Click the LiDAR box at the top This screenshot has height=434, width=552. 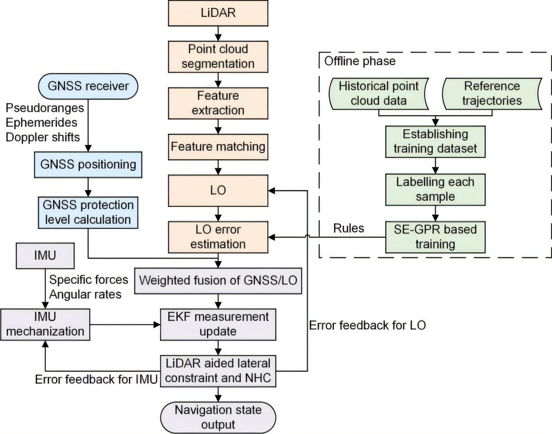[218, 13]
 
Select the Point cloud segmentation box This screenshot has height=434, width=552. [218, 57]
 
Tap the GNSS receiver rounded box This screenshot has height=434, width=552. [88, 86]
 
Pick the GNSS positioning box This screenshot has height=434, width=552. [88, 164]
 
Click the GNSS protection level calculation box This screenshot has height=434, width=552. [88, 212]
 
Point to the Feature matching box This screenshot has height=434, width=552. [218, 147]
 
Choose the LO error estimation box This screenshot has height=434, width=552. [218, 237]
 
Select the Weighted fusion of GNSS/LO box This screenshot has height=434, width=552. [218, 281]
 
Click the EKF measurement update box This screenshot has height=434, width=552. [218, 324]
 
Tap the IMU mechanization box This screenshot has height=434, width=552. [45, 324]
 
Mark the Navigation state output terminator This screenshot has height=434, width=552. [218, 417]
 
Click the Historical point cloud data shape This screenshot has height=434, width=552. [379, 94]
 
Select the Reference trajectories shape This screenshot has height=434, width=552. [492, 94]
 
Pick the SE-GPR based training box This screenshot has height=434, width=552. [435, 237]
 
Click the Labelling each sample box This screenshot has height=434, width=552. [435, 189]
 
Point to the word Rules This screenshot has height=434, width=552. [348, 228]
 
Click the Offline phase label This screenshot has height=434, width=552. [360, 61]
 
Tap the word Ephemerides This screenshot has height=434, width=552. [41, 123]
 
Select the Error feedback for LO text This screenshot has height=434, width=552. [367, 325]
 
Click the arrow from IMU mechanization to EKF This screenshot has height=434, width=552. [125, 324]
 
